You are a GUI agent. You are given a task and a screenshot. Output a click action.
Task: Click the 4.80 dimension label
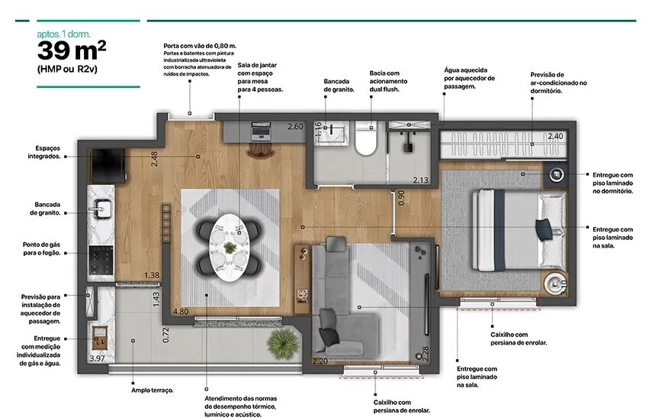point(181,312)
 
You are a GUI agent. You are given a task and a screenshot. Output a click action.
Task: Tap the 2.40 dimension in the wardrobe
point(555,136)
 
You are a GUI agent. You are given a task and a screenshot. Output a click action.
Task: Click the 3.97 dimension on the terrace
point(97,358)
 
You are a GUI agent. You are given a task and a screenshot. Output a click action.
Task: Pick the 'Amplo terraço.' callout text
point(152,390)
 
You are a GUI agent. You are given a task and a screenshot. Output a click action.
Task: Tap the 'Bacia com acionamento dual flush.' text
point(390,82)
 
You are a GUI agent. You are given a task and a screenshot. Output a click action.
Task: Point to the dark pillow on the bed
point(542,228)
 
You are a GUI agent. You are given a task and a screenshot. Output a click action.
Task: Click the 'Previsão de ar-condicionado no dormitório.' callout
point(558,82)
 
